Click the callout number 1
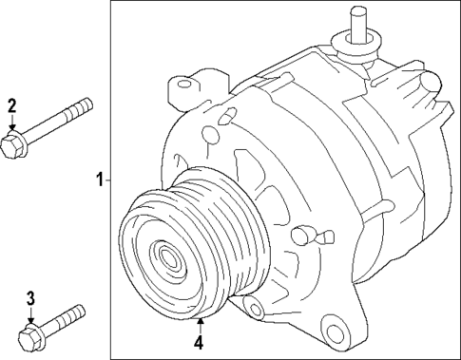99,179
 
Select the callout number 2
12,105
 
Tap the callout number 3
30,299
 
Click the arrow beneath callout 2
12,123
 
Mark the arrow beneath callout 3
30,318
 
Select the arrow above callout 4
200,325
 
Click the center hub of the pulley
170,256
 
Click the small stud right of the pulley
303,232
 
